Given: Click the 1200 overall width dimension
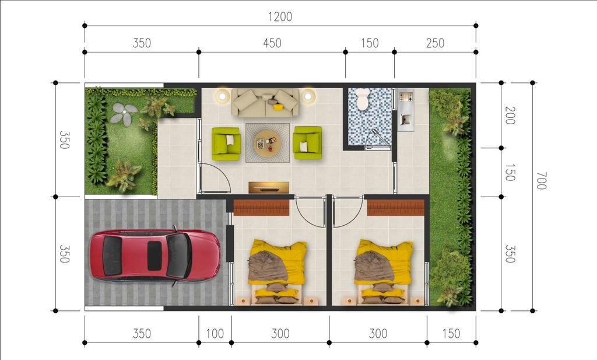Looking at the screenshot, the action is click(x=280, y=17).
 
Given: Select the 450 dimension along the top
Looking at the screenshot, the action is click(x=272, y=43).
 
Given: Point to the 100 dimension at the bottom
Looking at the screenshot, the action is click(x=215, y=334).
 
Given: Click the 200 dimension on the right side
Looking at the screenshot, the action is click(x=510, y=116).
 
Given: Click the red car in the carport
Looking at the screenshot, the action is click(x=155, y=255).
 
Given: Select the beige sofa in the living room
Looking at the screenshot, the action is click(x=265, y=103).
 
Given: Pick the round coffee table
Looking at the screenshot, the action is click(x=267, y=143).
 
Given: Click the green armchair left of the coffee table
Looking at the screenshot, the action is click(x=226, y=144).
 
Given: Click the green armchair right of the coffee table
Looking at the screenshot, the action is click(x=307, y=143).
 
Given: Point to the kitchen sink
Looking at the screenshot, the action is click(x=405, y=120).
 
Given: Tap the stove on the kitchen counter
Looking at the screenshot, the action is click(x=406, y=97).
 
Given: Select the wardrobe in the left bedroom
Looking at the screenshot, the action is click(x=261, y=208).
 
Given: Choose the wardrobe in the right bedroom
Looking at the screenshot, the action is click(x=396, y=208).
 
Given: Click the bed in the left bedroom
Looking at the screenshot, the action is click(x=278, y=271).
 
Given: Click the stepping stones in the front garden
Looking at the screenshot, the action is click(x=124, y=113).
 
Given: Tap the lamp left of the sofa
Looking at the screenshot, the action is click(x=221, y=95).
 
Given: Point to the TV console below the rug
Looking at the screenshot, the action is click(x=269, y=187).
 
